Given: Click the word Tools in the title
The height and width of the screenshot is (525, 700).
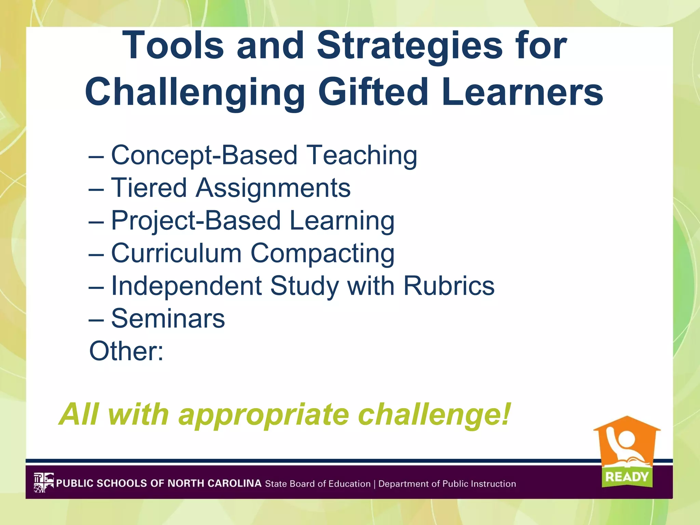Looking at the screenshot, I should click(x=173, y=46).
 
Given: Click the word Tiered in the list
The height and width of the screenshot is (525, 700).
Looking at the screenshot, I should click(x=149, y=188).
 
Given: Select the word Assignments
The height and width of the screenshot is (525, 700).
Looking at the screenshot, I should click(x=273, y=188).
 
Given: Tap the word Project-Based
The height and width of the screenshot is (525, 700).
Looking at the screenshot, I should click(x=196, y=221).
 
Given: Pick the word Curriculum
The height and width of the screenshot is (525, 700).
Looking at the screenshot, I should click(x=176, y=253).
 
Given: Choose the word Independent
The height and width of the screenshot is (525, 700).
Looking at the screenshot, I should click(x=186, y=286).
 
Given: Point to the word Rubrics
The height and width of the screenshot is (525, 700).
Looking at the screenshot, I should click(x=449, y=286).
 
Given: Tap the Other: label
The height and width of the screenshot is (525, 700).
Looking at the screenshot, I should click(x=126, y=351).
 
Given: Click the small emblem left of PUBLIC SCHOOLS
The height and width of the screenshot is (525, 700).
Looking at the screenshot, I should click(x=44, y=483).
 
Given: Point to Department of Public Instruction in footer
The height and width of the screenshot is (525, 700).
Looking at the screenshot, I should click(x=447, y=484).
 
